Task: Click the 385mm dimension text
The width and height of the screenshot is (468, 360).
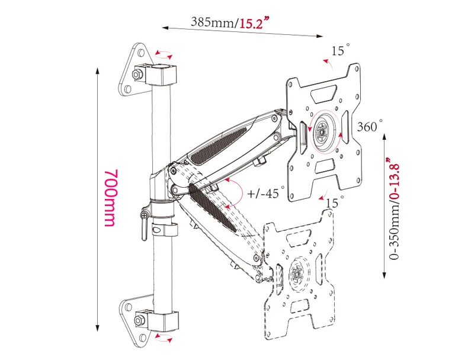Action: [x=213, y=22]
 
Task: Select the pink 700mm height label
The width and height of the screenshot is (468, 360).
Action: [x=111, y=198]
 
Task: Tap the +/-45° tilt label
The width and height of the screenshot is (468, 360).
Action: [x=265, y=192]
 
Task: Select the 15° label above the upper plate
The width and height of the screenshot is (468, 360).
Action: [x=340, y=50]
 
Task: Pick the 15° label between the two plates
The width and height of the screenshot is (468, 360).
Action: [x=334, y=202]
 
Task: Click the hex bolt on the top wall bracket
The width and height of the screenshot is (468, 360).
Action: [x=137, y=74]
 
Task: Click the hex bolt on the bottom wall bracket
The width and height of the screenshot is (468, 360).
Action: [x=139, y=321]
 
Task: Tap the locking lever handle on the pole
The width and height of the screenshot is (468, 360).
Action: [x=145, y=225]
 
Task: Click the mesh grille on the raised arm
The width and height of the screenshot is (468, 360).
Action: [x=219, y=146]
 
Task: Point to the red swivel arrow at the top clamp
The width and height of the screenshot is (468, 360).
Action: [x=164, y=54]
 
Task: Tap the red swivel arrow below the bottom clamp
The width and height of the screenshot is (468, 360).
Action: [x=164, y=338]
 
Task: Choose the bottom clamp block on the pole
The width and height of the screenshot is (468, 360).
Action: [x=163, y=321]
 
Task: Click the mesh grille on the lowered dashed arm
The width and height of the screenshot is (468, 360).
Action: [x=213, y=208]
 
